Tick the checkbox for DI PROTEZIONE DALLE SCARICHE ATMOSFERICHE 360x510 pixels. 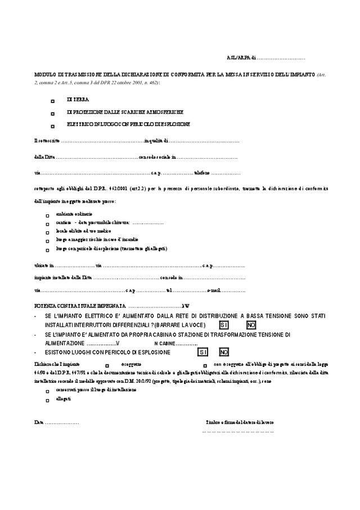(x=52, y=114)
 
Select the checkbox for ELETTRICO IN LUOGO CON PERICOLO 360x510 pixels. (x=52, y=126)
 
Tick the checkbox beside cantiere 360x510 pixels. (x=47, y=224)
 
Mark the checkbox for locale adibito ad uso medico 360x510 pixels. (x=47, y=232)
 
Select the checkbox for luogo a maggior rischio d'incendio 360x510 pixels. (x=47, y=240)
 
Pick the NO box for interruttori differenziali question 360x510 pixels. (x=251, y=326)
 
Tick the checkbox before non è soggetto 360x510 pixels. (x=205, y=366)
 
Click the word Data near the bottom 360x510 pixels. (x=38, y=422)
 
